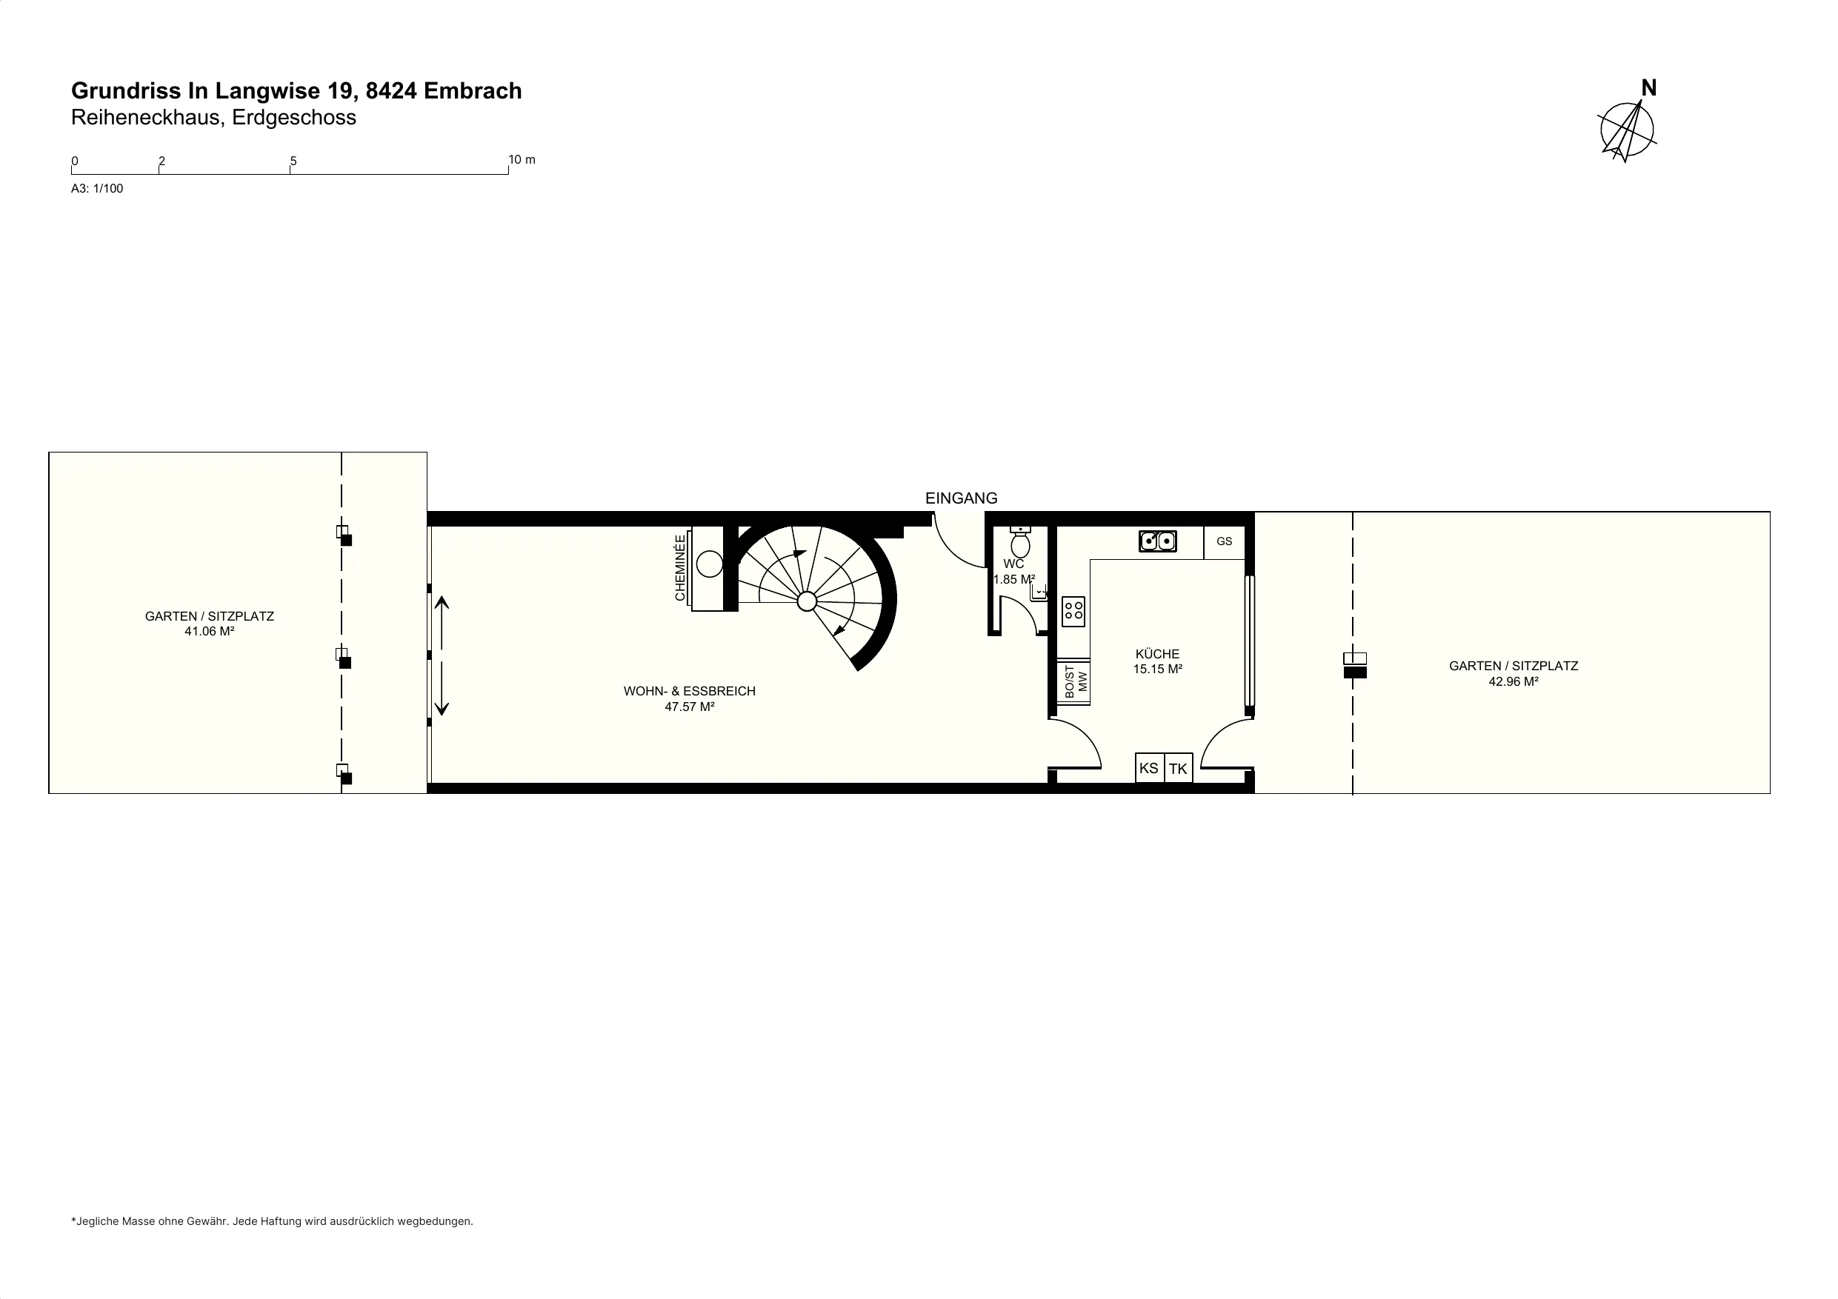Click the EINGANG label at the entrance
click(961, 498)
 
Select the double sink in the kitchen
click(1158, 542)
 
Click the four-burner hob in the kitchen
click(1073, 612)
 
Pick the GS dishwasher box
click(1224, 542)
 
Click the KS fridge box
click(1149, 767)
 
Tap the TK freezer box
click(1179, 768)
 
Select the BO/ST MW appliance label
click(1076, 681)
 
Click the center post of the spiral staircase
click(807, 601)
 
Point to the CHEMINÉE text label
click(680, 567)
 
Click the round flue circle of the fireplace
click(709, 564)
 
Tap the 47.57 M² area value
click(689, 707)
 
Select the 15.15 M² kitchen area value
click(1158, 669)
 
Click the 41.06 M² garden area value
click(209, 632)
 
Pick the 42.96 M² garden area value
click(1513, 682)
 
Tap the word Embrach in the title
click(473, 90)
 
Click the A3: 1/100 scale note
click(97, 189)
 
